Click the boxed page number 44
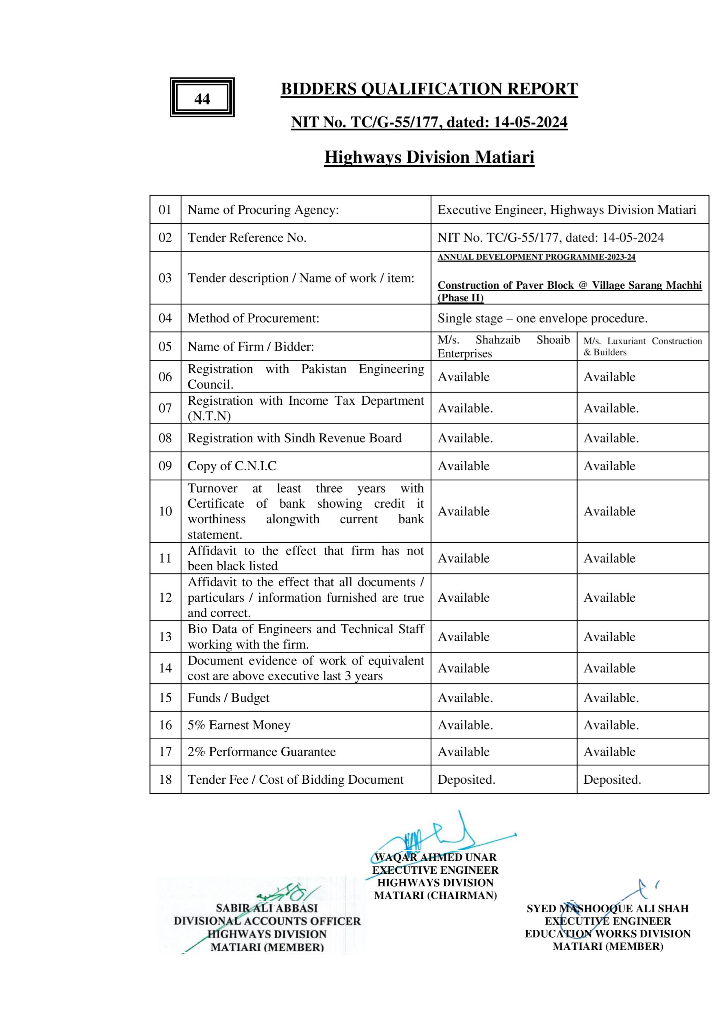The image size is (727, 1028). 202,99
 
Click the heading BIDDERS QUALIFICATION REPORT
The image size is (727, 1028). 429,89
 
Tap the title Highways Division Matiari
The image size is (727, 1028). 429,157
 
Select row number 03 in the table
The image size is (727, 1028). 165,278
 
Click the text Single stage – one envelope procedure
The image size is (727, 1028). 543,318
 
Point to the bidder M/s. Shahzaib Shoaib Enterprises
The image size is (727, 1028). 504,346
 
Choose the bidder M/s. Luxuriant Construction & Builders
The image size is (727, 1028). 642,346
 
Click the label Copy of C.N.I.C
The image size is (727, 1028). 232,466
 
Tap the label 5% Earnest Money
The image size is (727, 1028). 239,725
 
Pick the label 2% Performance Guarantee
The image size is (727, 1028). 261,752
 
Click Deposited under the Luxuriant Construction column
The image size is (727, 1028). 612,780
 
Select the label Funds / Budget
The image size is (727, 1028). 228,698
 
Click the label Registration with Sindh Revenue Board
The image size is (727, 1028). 295,438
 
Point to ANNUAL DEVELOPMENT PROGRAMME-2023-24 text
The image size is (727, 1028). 536,257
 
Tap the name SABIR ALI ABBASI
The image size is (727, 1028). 267,908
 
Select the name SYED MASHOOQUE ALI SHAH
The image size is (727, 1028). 607,908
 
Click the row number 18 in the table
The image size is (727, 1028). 165,780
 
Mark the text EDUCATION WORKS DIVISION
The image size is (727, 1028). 607,934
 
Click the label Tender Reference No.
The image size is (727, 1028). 247,238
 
